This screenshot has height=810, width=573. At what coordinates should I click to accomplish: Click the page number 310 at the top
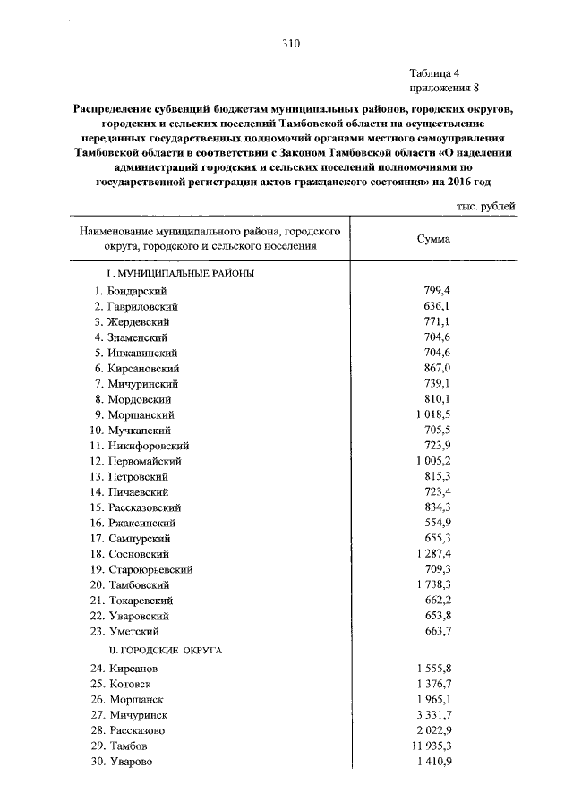(x=288, y=43)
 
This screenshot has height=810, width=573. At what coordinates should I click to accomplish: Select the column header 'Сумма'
(x=434, y=239)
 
